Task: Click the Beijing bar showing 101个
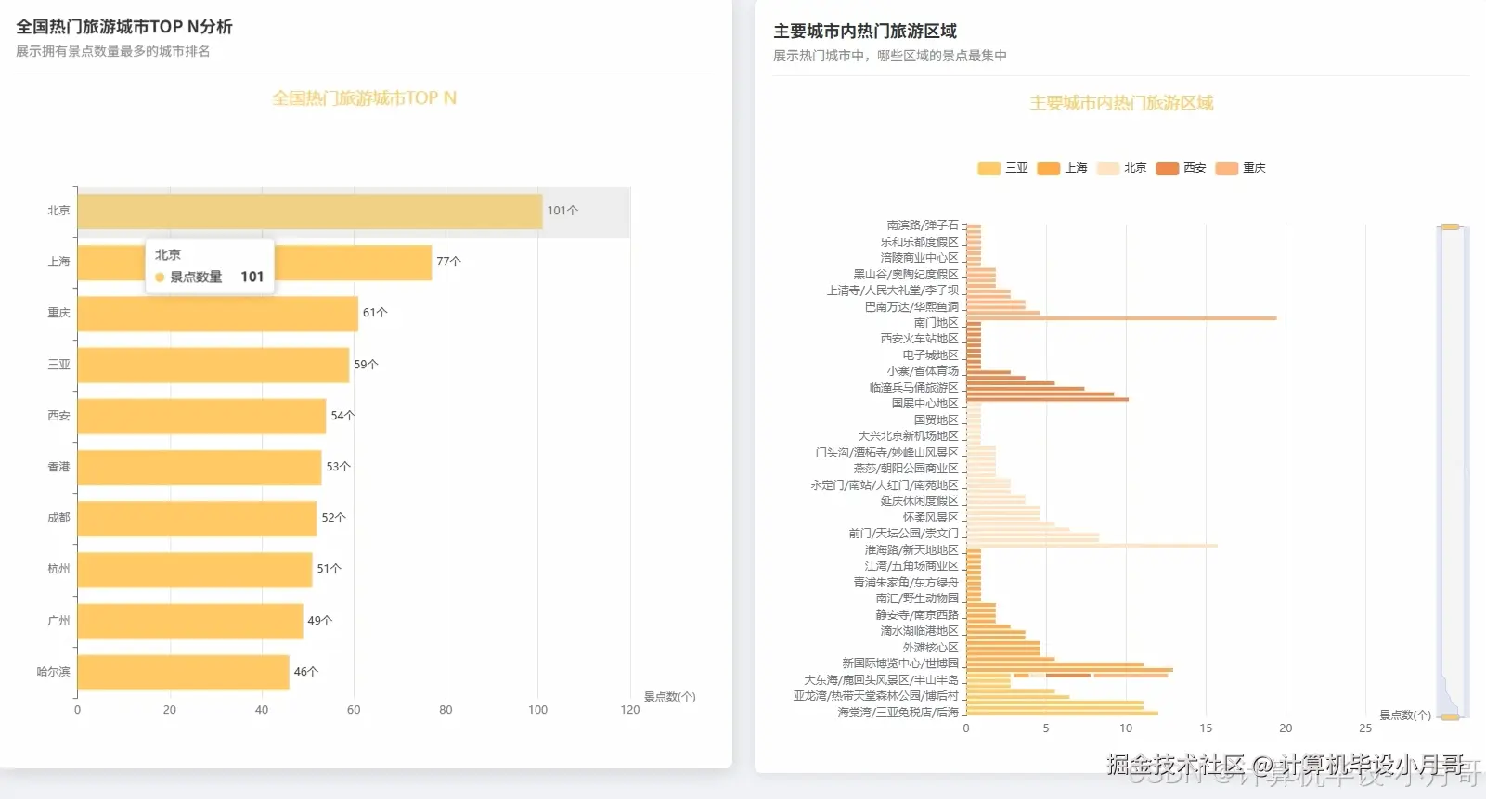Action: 309,212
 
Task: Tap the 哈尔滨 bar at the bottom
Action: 183,672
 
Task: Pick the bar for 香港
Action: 199,467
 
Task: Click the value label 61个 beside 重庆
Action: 375,313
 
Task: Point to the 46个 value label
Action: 306,672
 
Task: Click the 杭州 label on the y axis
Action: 58,569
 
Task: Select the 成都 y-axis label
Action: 58,518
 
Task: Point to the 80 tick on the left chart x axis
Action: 446,710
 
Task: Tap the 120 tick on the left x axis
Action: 630,710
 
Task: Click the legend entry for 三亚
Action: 1003,168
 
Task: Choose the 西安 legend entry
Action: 1181,168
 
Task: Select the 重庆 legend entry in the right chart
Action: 1240,168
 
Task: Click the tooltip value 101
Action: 252,277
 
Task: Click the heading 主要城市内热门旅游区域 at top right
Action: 864,32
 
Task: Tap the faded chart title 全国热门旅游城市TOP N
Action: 364,98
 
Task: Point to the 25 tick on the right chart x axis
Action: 1365,728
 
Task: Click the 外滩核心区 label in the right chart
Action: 930,648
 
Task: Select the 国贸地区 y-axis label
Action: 936,420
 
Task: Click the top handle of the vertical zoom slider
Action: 1450,226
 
